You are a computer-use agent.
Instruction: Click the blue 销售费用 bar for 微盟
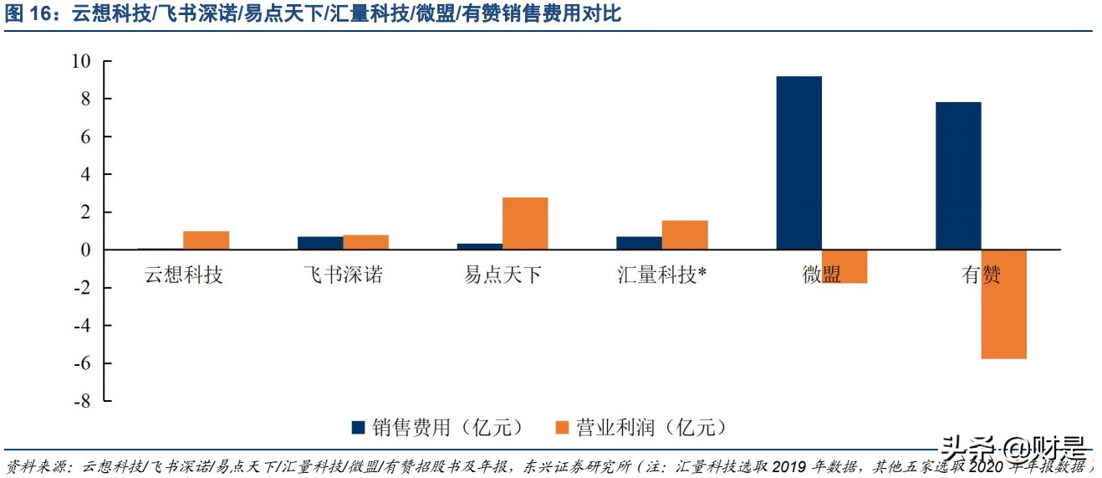tap(798, 163)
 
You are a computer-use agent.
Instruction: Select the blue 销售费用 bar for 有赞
tap(958, 176)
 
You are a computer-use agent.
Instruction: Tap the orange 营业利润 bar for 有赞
tap(1003, 304)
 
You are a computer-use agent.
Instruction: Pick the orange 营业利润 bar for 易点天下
tap(525, 224)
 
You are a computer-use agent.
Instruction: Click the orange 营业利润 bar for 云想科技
tap(206, 240)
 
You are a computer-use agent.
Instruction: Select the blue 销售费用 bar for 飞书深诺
tap(320, 243)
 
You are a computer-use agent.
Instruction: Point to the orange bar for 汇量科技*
tap(685, 235)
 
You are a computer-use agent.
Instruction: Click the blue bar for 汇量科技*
tap(639, 243)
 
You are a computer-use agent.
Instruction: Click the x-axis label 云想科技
tap(184, 275)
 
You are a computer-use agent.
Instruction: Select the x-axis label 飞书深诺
tap(343, 275)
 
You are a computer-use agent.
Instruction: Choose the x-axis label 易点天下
tap(503, 275)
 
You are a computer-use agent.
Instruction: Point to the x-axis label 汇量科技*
tap(662, 275)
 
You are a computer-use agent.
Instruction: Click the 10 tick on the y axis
tap(81, 61)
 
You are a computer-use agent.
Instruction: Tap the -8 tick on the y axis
tap(81, 401)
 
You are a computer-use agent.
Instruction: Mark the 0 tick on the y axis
tap(86, 249)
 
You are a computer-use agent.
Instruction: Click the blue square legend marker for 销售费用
tap(359, 428)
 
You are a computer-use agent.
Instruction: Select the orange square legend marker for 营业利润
tap(561, 428)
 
